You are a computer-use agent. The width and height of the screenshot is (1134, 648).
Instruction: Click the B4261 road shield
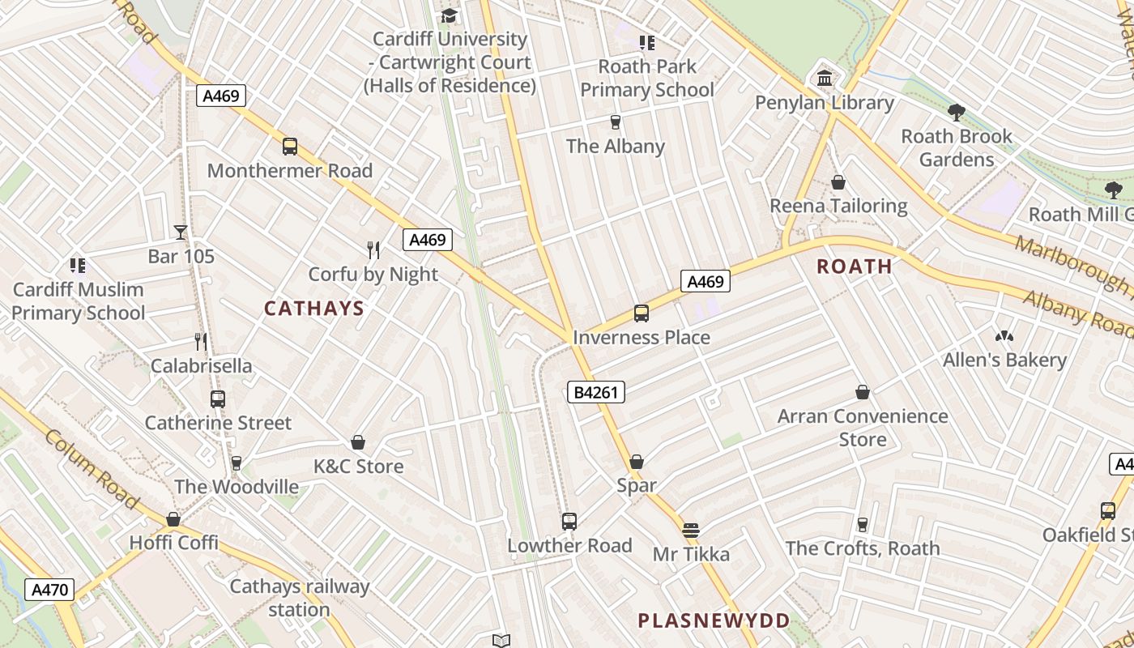pyautogui.click(x=595, y=393)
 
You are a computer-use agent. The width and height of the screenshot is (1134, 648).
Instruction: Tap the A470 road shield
pyautogui.click(x=49, y=590)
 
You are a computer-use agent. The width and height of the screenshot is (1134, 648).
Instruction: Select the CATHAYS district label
pyautogui.click(x=314, y=309)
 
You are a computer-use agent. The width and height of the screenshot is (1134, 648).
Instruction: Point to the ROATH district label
pyautogui.click(x=855, y=266)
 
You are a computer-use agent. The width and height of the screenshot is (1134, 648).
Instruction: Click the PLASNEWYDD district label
pyautogui.click(x=714, y=621)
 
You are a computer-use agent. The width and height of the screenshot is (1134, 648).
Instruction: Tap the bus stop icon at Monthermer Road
pyautogui.click(x=290, y=147)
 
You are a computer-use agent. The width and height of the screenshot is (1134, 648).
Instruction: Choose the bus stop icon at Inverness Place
pyautogui.click(x=642, y=313)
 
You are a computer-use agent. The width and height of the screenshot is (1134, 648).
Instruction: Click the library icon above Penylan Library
pyautogui.click(x=825, y=79)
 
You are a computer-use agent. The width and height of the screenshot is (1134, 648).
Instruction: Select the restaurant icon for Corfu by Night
pyautogui.click(x=373, y=249)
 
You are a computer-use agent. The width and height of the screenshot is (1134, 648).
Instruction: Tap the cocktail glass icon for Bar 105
pyautogui.click(x=181, y=232)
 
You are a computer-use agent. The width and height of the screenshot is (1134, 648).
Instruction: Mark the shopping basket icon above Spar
pyautogui.click(x=637, y=462)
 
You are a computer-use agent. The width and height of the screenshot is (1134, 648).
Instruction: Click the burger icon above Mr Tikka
pyautogui.click(x=690, y=531)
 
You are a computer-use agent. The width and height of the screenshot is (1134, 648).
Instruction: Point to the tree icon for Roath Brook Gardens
pyautogui.click(x=957, y=112)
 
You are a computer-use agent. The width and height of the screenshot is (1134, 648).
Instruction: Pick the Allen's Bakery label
pyautogui.click(x=1004, y=360)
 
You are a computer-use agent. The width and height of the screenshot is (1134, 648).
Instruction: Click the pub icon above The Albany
pyautogui.click(x=616, y=122)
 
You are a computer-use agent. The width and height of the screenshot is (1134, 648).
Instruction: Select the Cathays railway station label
pyautogui.click(x=300, y=598)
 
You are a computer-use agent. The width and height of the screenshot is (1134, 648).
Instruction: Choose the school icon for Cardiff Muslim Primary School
pyautogui.click(x=78, y=265)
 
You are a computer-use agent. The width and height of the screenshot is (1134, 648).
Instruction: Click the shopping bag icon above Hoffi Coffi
pyautogui.click(x=173, y=519)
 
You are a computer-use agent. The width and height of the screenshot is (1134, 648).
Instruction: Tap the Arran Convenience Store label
pyautogui.click(x=863, y=428)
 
